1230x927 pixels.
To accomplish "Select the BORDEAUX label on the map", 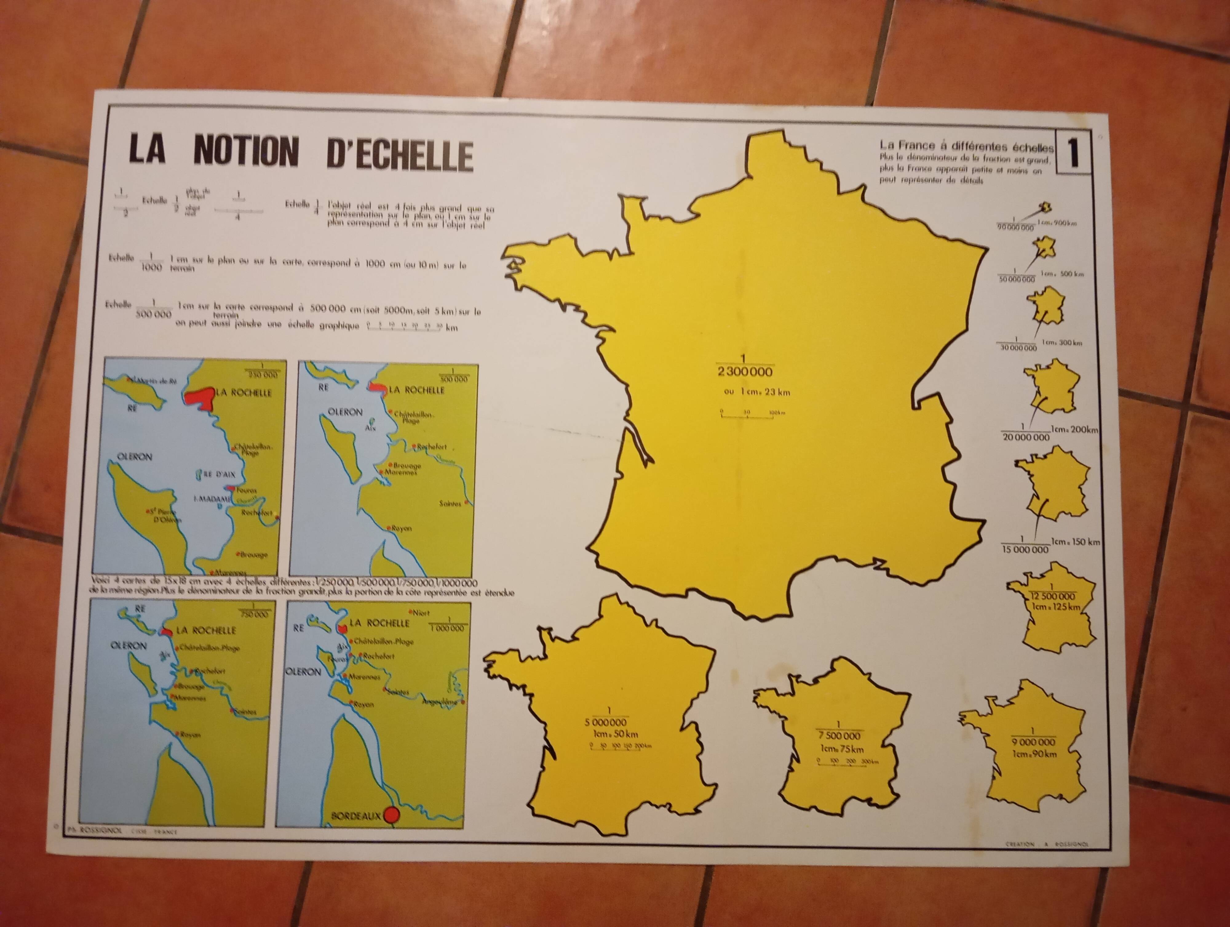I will (x=356, y=816).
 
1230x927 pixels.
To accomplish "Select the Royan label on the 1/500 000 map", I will (x=402, y=528).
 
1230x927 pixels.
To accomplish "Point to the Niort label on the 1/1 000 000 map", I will (x=421, y=613).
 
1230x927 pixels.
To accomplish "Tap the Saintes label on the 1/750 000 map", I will (x=245, y=712).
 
